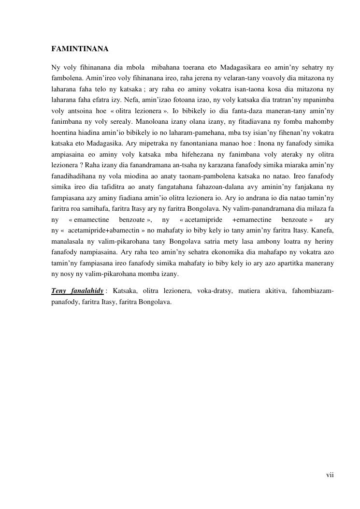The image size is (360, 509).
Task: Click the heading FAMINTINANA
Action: [x=80, y=49]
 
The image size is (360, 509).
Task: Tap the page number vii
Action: [x=330, y=475]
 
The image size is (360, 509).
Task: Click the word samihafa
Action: [x=99, y=209]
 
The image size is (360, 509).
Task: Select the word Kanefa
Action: [x=322, y=231]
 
